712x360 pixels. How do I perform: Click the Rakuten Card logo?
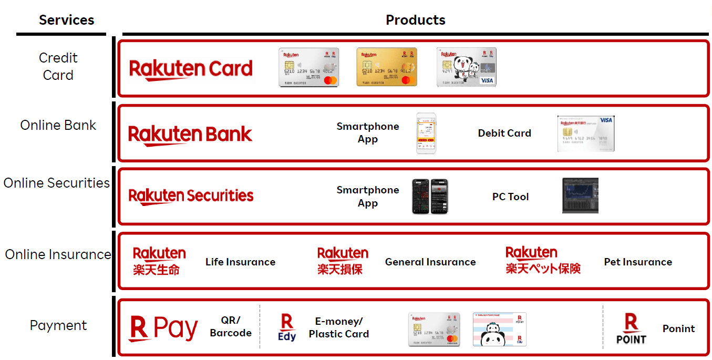(x=191, y=69)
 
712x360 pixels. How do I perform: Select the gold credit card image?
(x=386, y=67)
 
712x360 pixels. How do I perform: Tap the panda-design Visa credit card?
(x=467, y=67)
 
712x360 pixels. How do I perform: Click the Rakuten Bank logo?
(x=190, y=134)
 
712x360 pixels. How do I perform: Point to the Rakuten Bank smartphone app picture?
(x=426, y=133)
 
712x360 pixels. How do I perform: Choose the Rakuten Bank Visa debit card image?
(x=585, y=134)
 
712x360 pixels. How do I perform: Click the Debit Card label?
(x=504, y=133)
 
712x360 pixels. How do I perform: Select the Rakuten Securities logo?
(x=191, y=196)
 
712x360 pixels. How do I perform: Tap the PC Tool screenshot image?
(x=580, y=196)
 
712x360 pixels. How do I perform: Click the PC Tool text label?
(x=510, y=197)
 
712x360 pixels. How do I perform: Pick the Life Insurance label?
(x=240, y=262)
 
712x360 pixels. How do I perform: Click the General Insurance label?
(x=430, y=262)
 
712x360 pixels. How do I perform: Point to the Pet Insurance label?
(x=638, y=262)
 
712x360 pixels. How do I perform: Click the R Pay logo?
(x=163, y=328)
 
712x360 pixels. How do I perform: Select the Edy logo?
(x=287, y=328)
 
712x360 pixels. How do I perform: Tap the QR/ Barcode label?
(x=231, y=326)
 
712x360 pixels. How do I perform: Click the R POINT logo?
(x=631, y=329)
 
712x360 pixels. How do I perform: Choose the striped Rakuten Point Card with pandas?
(x=499, y=330)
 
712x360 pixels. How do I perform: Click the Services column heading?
(x=66, y=20)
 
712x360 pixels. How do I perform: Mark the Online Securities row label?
(x=57, y=183)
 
